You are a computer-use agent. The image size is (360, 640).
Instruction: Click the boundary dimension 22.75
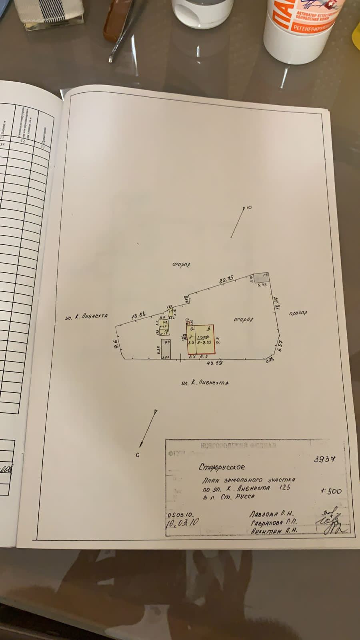coord(225,281)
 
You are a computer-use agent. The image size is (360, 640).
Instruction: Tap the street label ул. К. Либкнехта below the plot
coord(204,383)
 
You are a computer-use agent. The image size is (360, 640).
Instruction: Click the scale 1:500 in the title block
coord(330,491)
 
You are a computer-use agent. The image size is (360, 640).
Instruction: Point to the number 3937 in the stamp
coord(324,459)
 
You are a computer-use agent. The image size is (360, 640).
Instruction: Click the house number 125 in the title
coord(285,488)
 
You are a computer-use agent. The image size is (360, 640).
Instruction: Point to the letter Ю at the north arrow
coord(249,207)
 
